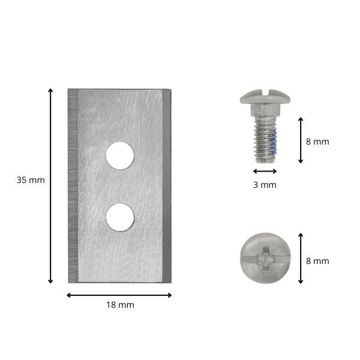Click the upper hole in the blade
120,155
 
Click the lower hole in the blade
120,217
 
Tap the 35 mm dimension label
31,180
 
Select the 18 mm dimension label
120,305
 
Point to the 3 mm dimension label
265,185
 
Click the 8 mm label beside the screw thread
317,142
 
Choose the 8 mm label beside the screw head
317,261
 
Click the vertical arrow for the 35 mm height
50,186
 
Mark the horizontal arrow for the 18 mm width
119,295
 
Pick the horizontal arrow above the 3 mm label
265,171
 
